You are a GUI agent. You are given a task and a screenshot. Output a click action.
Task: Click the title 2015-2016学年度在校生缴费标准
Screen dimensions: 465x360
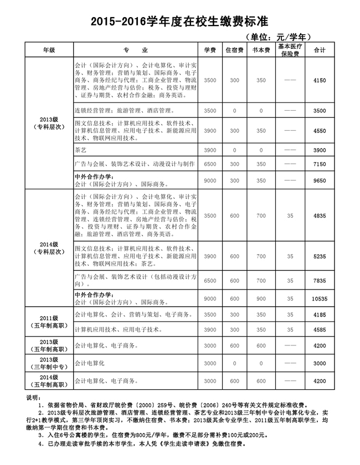179,21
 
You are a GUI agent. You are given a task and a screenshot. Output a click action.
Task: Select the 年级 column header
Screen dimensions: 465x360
49,50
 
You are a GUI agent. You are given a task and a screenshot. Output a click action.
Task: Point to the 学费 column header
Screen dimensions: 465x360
210,50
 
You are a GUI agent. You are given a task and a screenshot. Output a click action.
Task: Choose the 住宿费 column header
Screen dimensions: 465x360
234,50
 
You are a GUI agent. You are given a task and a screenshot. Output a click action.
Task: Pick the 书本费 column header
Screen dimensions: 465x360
261,50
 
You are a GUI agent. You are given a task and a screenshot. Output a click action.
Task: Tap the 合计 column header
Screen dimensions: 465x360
320,50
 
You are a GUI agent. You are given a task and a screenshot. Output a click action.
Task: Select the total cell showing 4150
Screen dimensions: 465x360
320,81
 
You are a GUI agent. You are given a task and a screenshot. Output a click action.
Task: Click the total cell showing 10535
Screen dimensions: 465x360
320,299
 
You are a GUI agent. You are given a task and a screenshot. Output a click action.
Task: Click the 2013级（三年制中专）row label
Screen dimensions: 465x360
49,363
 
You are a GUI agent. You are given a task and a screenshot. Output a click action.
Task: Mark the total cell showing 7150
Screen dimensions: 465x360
320,164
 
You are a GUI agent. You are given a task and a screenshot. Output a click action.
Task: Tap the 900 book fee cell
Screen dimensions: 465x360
261,299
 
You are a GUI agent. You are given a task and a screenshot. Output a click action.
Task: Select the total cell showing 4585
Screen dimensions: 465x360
320,330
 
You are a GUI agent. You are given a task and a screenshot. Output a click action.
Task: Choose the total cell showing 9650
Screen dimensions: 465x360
320,180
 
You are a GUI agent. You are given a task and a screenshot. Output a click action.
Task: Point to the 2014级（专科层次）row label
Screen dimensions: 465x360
49,247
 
